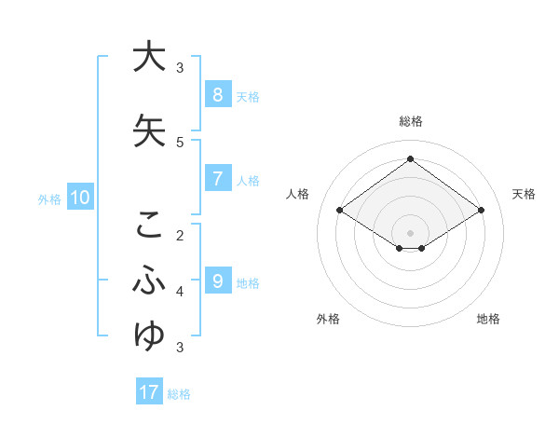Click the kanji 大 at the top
[x=148, y=57]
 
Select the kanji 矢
[x=148, y=130]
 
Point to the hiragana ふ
[x=148, y=280]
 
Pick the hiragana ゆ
[x=148, y=335]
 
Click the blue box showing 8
[x=217, y=94]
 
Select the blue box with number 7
[x=217, y=179]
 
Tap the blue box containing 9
[x=217, y=281]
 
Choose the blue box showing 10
[x=80, y=198]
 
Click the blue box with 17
[x=149, y=392]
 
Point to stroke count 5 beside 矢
[x=180, y=142]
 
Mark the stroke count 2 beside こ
[x=180, y=235]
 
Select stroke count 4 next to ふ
[x=180, y=291]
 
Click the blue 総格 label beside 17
[x=179, y=394]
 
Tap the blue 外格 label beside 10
[x=49, y=198]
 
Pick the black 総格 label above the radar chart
[x=410, y=121]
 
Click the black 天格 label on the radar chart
[x=524, y=194]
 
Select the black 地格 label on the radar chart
[x=488, y=319]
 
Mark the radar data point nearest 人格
[x=340, y=211]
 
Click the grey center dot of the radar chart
[x=410, y=232]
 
